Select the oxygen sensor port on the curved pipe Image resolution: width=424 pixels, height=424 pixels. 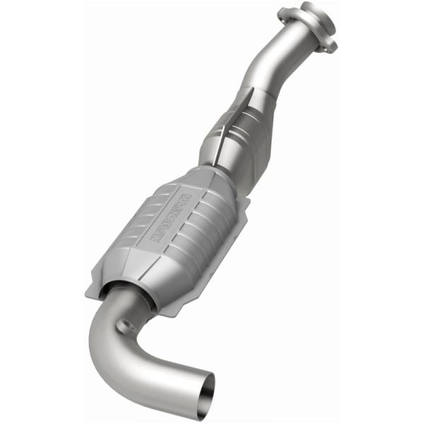(127, 326)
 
